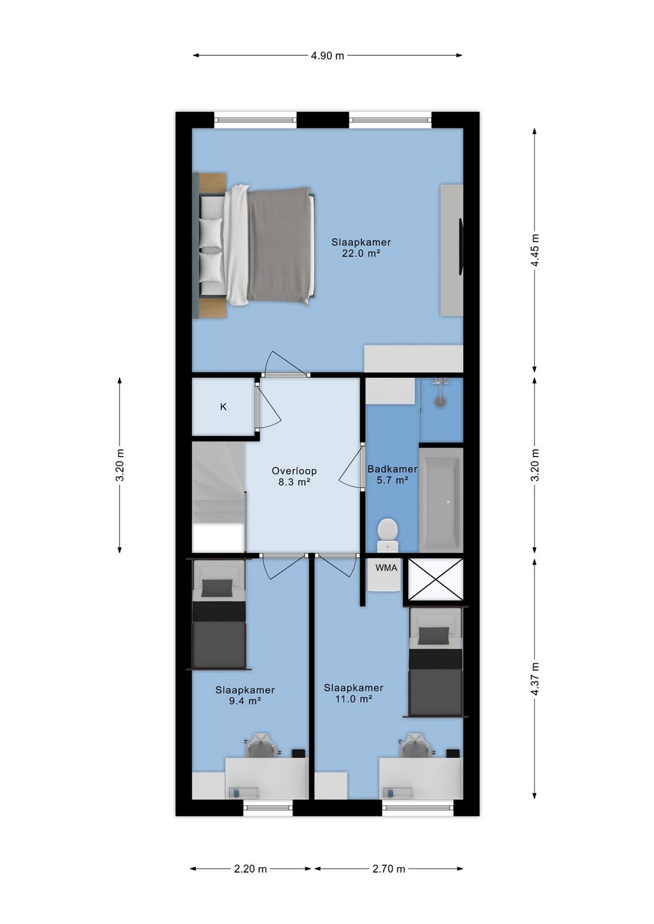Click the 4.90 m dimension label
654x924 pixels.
(327, 55)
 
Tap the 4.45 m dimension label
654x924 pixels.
(535, 250)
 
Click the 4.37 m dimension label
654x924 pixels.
(535, 679)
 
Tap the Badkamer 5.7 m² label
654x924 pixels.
(392, 474)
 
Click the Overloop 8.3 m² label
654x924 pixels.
(294, 476)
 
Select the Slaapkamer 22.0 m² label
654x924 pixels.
(361, 248)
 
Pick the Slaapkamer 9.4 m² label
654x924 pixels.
(245, 695)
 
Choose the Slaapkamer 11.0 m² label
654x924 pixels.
(354, 693)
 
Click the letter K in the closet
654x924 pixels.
(223, 407)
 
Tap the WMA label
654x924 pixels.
(386, 567)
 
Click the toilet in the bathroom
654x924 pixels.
(388, 535)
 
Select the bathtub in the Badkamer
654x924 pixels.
(441, 500)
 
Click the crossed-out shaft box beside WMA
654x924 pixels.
(435, 579)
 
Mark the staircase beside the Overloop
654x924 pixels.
(219, 497)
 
